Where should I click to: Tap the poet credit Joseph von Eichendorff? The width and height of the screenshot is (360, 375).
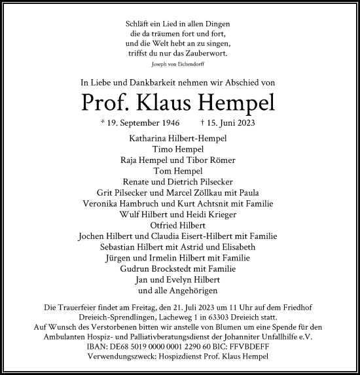[180, 65]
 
